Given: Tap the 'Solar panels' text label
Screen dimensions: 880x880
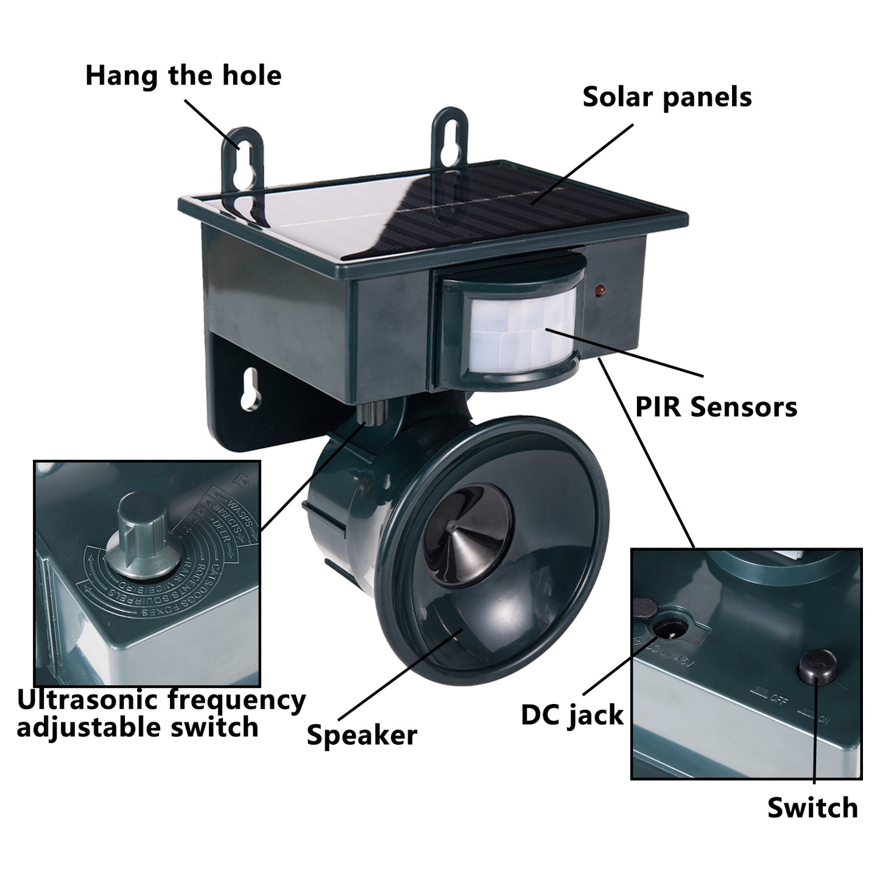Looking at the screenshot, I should (x=667, y=97).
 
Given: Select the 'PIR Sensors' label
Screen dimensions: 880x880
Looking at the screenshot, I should (x=716, y=407).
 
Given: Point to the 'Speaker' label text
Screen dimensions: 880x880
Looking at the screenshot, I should (x=362, y=735).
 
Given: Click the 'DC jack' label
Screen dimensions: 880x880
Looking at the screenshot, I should (x=572, y=715).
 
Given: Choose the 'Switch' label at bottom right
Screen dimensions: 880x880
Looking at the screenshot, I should (x=812, y=808).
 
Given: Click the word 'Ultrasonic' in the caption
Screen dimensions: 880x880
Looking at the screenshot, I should (x=88, y=700).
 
